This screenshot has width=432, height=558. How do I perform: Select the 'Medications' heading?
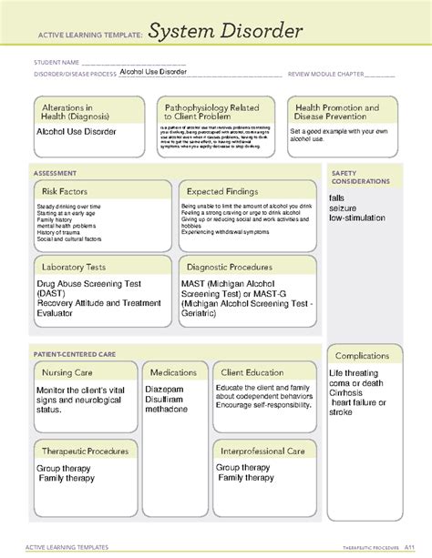173,372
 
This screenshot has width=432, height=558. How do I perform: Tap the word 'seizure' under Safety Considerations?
345,208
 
